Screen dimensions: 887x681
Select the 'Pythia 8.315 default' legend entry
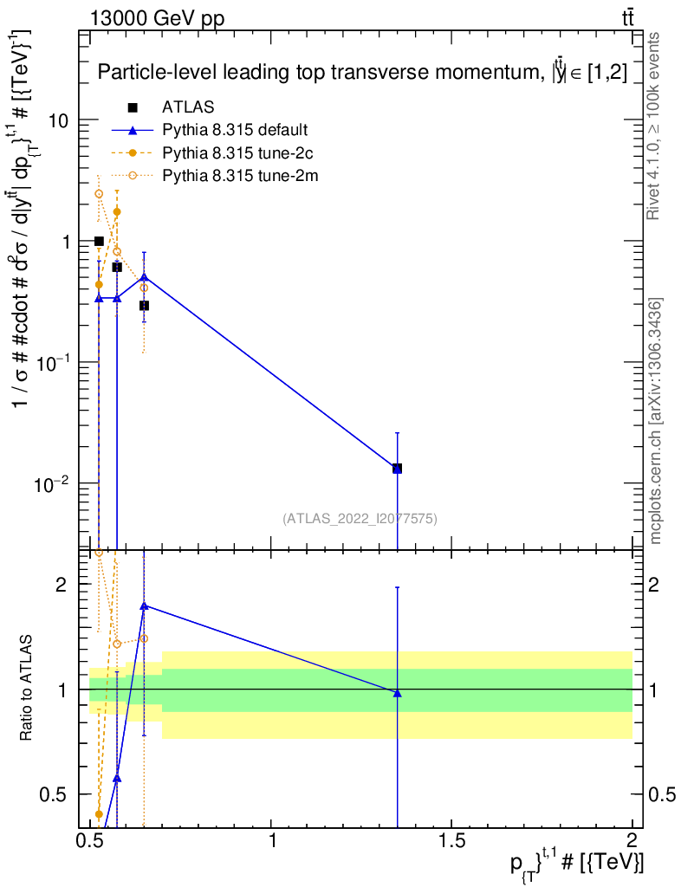click(x=235, y=131)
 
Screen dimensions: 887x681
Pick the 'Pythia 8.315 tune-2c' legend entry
click(x=235, y=153)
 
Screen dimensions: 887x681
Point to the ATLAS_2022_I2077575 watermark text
click(x=360, y=519)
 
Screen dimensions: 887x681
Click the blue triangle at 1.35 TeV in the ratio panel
click(x=397, y=692)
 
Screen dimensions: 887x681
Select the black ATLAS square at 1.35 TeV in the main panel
click(x=397, y=469)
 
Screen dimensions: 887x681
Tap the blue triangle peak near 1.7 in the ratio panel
click(x=144, y=605)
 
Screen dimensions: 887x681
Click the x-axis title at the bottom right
click(x=577, y=864)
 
